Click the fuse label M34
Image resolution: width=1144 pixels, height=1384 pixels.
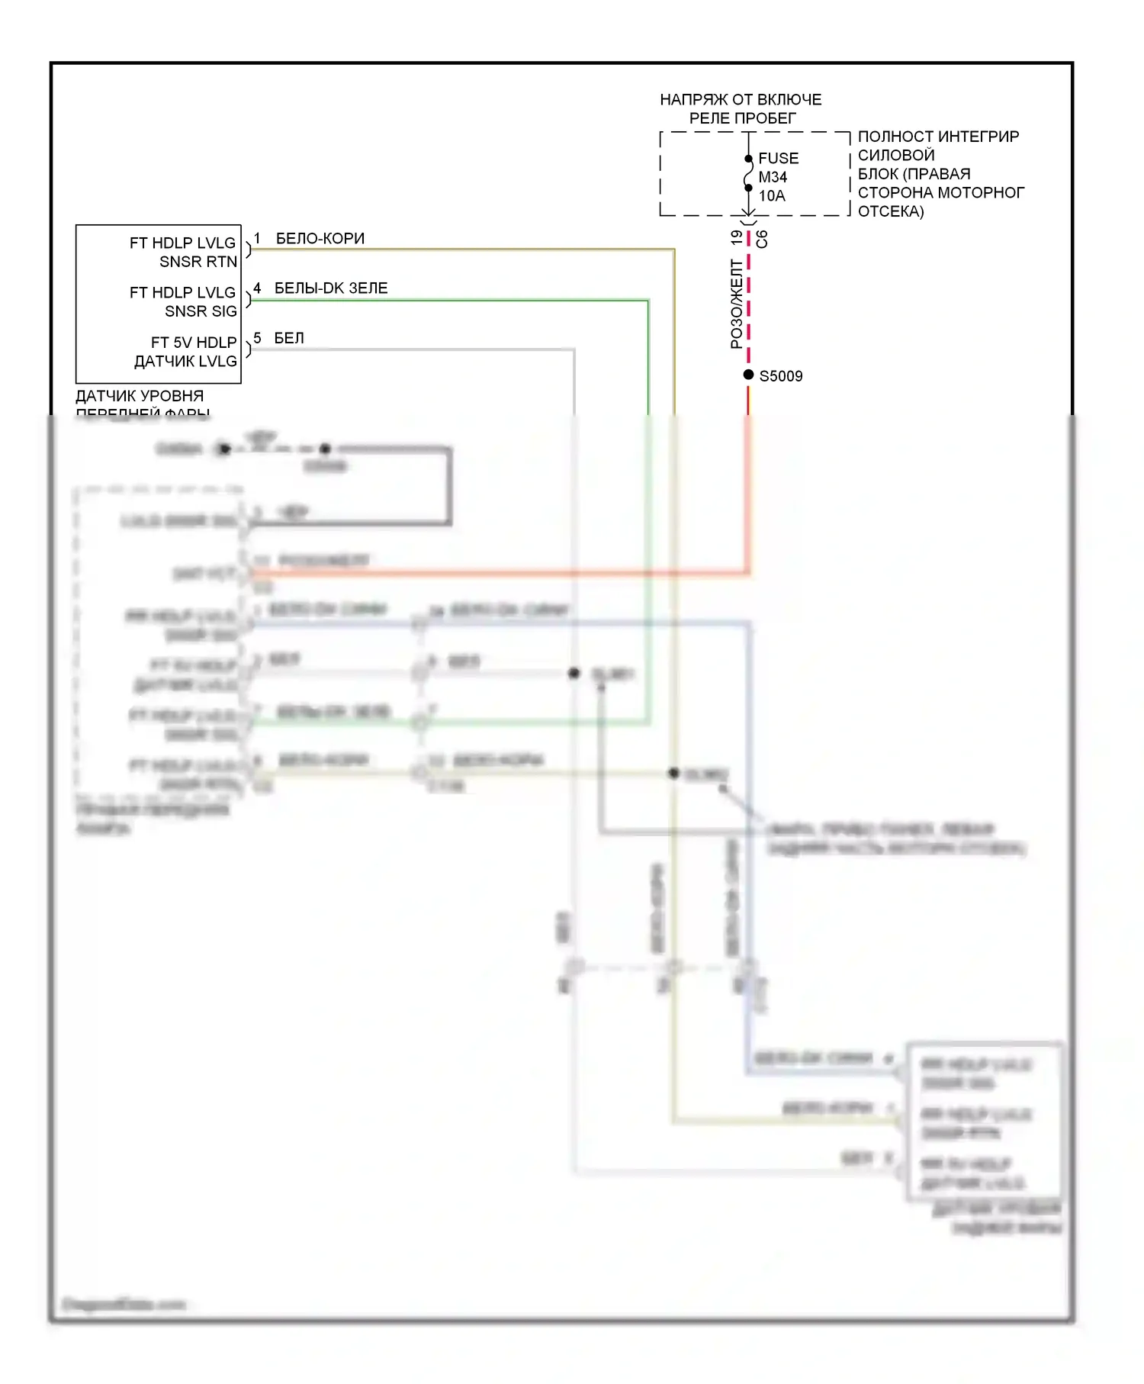[772, 177]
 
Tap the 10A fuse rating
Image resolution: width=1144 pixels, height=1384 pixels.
[771, 196]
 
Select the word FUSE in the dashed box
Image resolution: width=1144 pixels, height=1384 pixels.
[778, 158]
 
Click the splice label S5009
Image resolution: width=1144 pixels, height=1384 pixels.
[780, 376]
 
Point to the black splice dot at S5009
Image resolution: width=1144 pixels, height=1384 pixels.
[748, 375]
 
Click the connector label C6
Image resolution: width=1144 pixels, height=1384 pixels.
[762, 239]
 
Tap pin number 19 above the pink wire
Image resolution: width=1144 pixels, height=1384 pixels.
[736, 238]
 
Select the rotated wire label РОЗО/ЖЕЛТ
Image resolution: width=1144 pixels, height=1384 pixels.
[736, 304]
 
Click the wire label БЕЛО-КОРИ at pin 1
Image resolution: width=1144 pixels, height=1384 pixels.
[320, 239]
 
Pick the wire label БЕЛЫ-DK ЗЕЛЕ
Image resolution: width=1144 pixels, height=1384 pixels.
[330, 288]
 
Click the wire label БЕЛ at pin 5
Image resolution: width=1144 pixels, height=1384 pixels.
[288, 338]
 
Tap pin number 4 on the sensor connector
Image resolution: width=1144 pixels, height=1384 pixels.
[257, 288]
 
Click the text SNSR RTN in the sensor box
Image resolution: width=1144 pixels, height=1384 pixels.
[198, 262]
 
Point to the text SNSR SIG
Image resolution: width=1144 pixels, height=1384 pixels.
[200, 311]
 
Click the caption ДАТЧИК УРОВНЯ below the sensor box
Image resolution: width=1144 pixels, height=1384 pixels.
[140, 396]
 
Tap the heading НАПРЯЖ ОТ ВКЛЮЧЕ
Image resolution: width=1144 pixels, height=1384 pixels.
[740, 100]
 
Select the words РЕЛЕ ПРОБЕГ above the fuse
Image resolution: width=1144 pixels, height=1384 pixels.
[742, 118]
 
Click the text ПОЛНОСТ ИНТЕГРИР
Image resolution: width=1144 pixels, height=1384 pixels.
[937, 137]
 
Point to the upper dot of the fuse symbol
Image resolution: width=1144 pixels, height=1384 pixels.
[748, 159]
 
